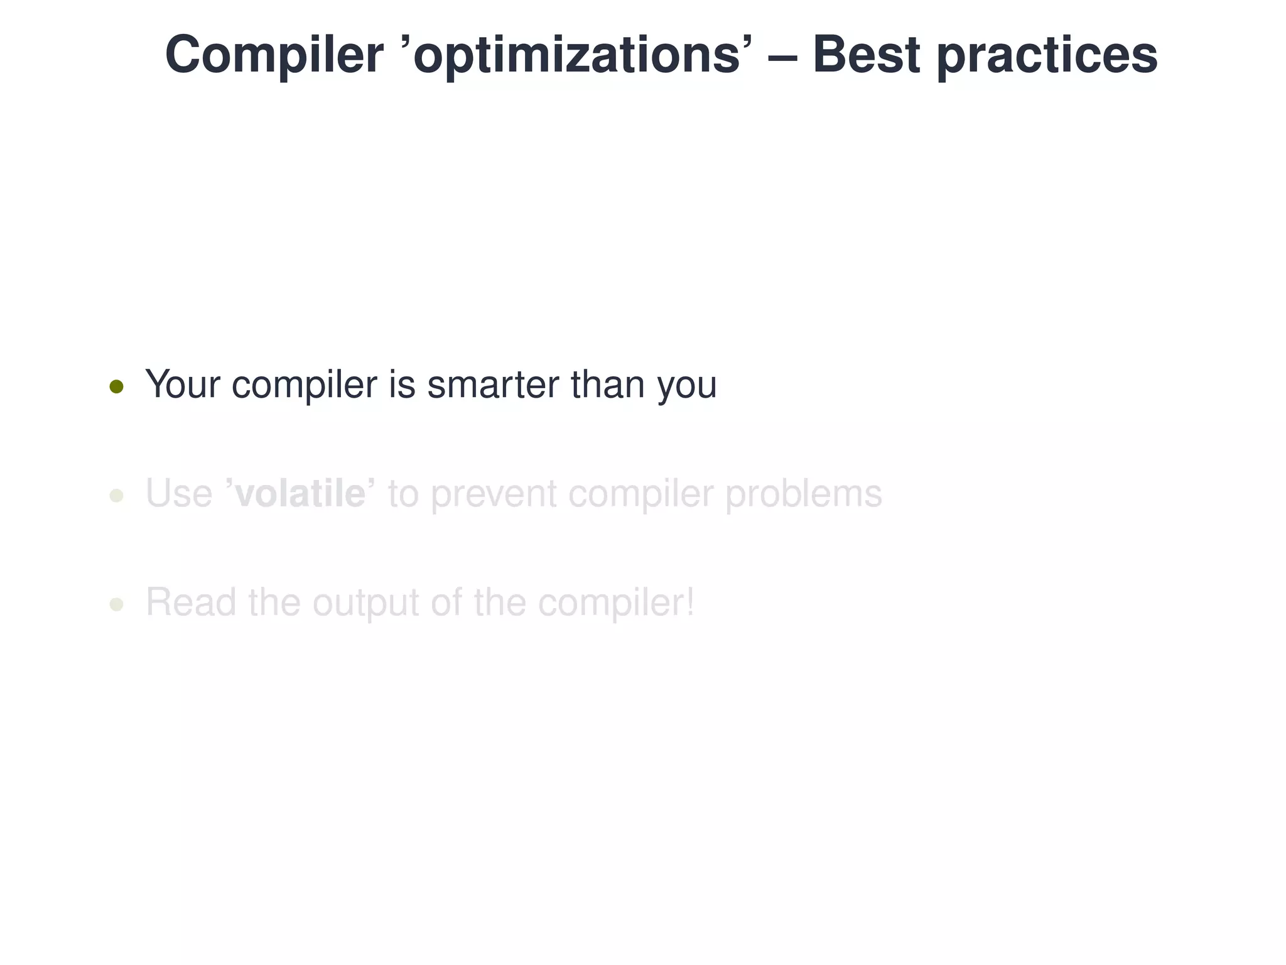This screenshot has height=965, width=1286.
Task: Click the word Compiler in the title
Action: (x=274, y=55)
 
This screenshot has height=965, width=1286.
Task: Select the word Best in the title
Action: (x=867, y=55)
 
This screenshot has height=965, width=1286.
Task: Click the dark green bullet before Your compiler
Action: (x=116, y=386)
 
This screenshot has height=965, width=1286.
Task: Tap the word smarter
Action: (x=493, y=384)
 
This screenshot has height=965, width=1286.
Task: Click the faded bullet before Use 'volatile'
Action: (x=116, y=496)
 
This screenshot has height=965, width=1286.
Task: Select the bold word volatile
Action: (x=300, y=493)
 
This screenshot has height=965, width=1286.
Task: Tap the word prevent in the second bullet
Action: (x=494, y=494)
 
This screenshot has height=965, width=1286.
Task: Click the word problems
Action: (x=804, y=494)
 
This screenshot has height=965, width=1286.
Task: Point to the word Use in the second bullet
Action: (x=179, y=494)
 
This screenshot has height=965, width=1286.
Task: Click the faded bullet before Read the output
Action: (x=116, y=604)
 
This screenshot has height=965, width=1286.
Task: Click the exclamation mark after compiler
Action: (x=689, y=601)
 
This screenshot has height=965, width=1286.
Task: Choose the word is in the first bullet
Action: (x=402, y=384)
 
